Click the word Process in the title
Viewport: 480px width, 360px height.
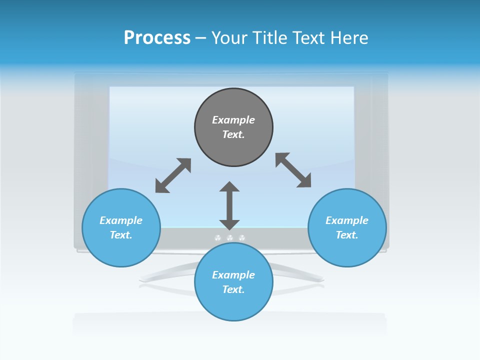(157, 38)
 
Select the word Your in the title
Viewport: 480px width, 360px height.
(229, 38)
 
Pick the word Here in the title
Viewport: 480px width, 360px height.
(349, 38)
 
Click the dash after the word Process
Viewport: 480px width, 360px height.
(200, 39)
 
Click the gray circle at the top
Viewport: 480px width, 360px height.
(233, 127)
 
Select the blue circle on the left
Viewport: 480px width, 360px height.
(121, 227)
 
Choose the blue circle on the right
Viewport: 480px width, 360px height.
(347, 227)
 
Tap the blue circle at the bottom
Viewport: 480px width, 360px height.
(233, 282)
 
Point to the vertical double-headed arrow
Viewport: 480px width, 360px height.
(229, 205)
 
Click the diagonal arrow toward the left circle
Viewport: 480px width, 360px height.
(173, 175)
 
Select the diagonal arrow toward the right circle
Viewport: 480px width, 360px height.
(293, 170)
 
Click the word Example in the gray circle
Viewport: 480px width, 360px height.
(233, 120)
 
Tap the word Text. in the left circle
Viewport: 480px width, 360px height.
(121, 235)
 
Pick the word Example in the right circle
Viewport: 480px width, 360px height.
(347, 220)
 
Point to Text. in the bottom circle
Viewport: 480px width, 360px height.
(233, 289)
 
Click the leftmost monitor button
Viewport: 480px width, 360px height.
(217, 238)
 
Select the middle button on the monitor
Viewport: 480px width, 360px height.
(229, 238)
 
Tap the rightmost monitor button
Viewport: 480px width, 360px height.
(241, 238)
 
